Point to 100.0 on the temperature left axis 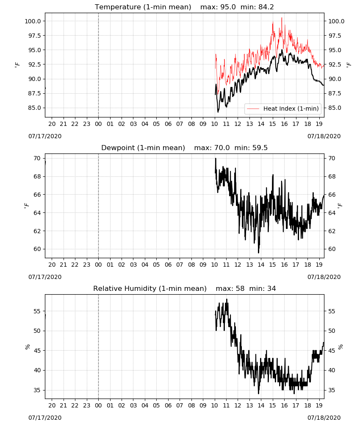tap(33, 21)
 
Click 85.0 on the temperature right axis tap(335, 108)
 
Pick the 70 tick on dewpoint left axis tap(37, 158)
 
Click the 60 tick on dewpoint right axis tap(332, 249)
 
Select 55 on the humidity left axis tap(37, 311)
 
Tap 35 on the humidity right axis tap(332, 390)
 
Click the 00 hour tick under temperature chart tap(98, 124)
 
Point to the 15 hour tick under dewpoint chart tap(272, 265)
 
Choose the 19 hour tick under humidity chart tap(319, 406)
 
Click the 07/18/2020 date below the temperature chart tap(324, 136)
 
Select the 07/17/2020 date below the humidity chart tap(45, 418)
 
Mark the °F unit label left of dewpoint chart tap(26, 206)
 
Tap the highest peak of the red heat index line tap(282, 17)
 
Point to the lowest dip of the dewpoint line tap(258, 253)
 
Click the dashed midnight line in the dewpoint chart tap(98, 206)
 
